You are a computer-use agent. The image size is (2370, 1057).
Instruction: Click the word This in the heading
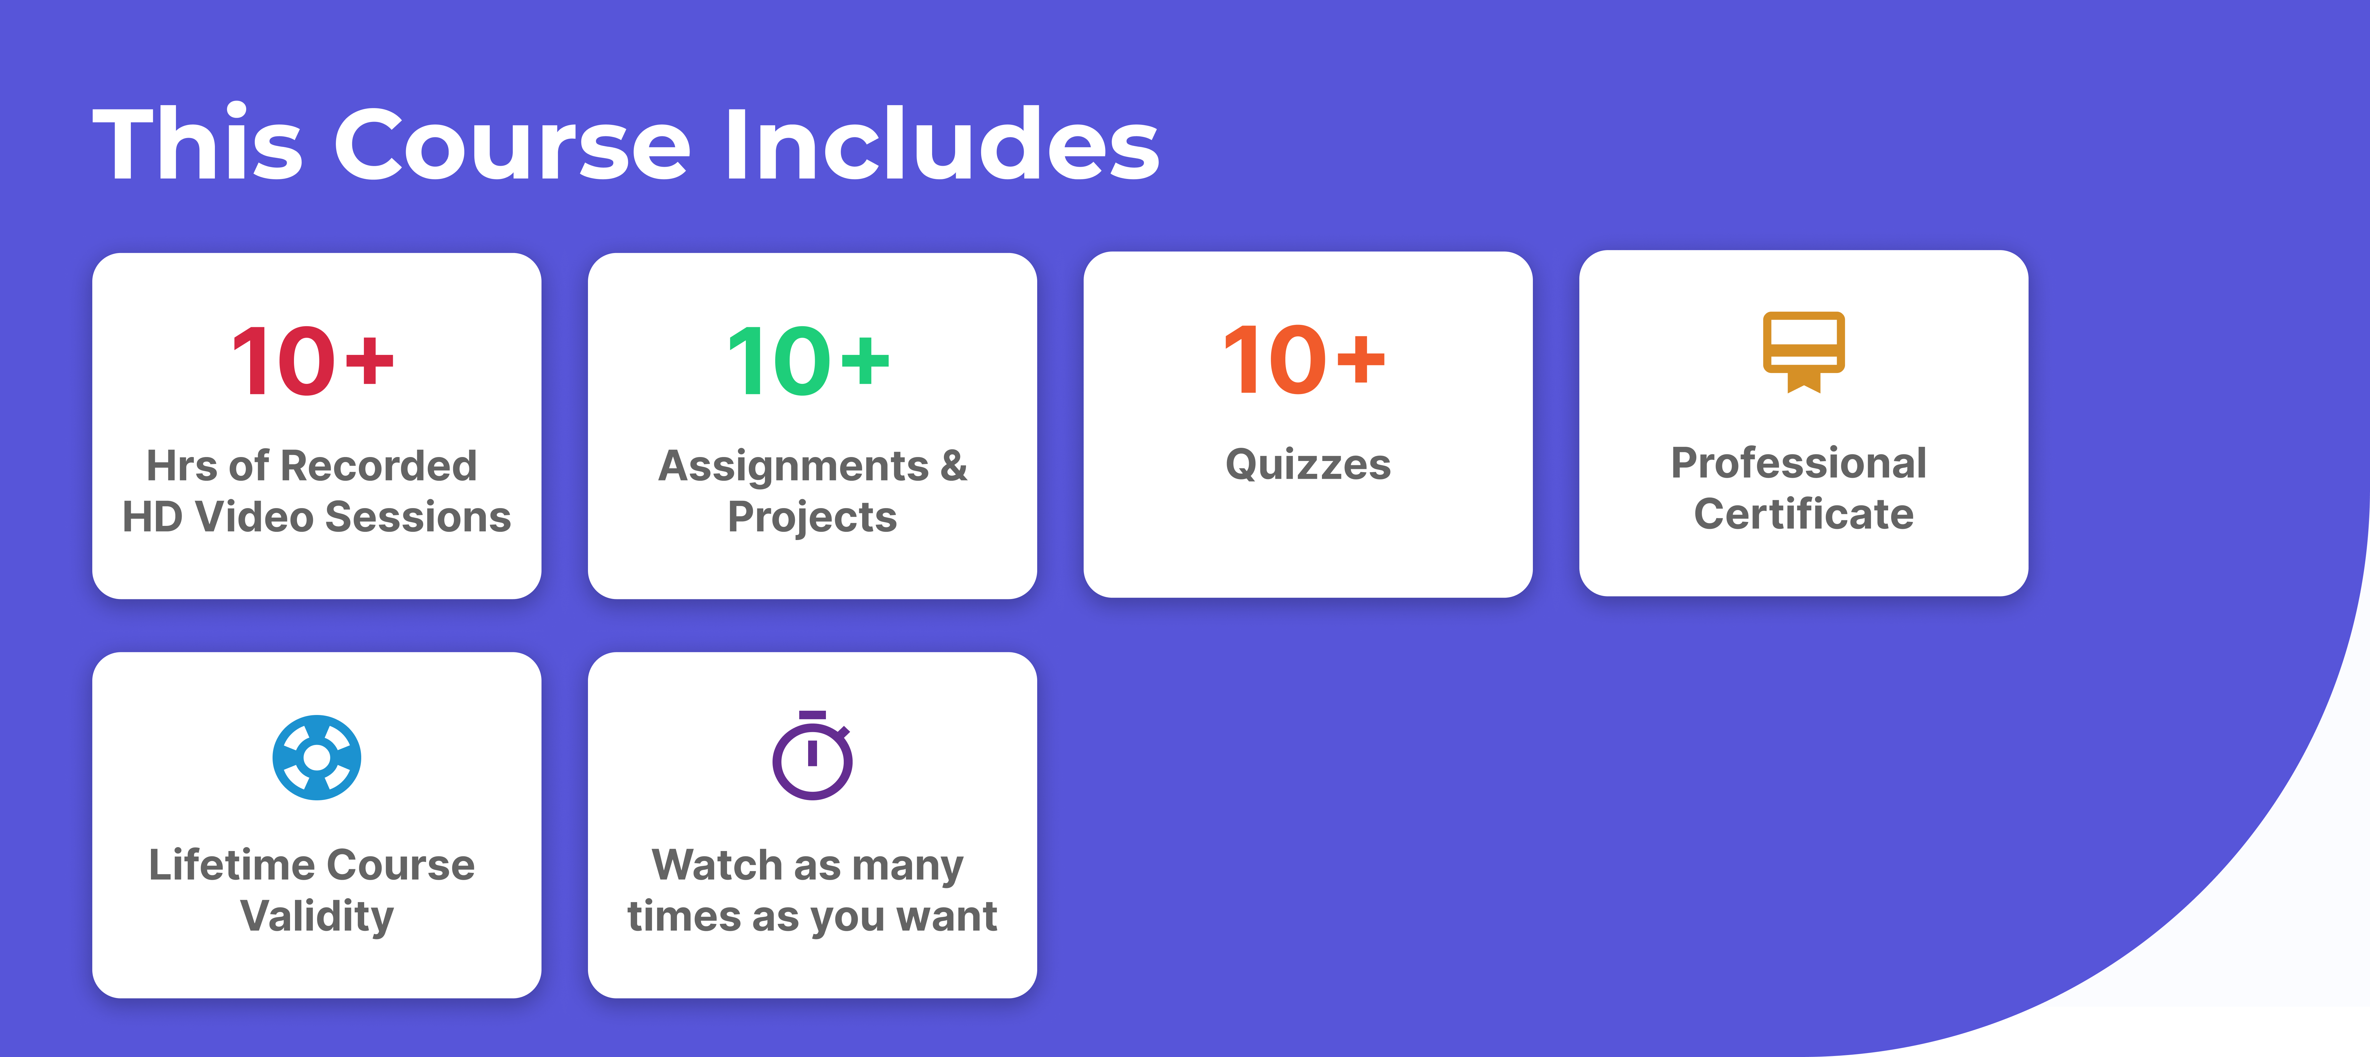pyautogui.click(x=198, y=143)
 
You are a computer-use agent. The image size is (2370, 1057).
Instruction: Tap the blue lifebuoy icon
pyautogui.click(x=316, y=757)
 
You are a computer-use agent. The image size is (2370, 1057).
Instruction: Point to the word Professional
pyautogui.click(x=1799, y=463)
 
